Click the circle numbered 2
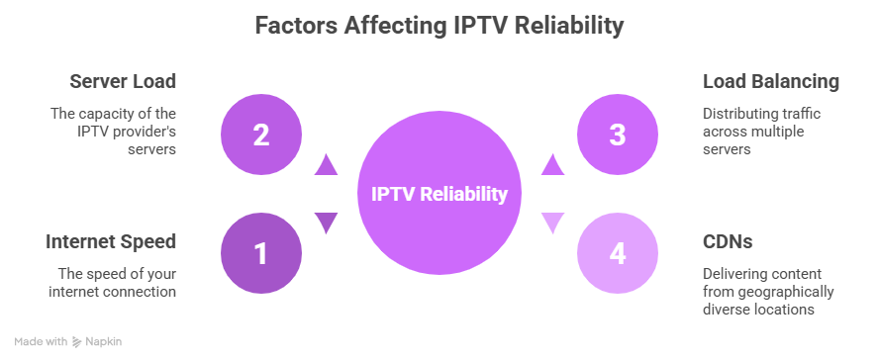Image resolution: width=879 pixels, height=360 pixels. coord(261,135)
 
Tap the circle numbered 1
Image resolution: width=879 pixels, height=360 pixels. coord(261,254)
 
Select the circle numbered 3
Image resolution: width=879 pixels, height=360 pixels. coord(617,135)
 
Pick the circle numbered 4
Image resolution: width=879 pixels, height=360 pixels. coord(617,254)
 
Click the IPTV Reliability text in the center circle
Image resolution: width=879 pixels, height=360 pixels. coord(439,195)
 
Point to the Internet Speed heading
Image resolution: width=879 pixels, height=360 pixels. coord(111,241)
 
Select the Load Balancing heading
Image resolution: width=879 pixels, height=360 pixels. coord(771,81)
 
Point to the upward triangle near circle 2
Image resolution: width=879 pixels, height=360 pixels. coord(326,164)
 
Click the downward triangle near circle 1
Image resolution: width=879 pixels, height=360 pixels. coord(326,225)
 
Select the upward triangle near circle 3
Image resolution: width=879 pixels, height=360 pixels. coord(553,164)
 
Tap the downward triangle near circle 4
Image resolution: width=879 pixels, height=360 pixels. coord(553,225)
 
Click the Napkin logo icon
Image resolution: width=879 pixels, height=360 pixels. coord(77,341)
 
